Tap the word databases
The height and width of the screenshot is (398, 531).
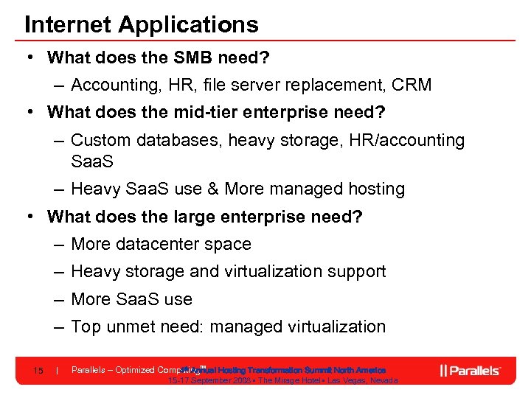click(x=178, y=140)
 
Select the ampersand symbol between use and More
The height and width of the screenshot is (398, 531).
click(x=212, y=189)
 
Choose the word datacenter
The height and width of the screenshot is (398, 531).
click(x=160, y=244)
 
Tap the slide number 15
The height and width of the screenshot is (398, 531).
click(x=38, y=370)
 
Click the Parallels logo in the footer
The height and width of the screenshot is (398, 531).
click(x=471, y=370)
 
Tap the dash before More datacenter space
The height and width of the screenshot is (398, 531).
click(x=58, y=244)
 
